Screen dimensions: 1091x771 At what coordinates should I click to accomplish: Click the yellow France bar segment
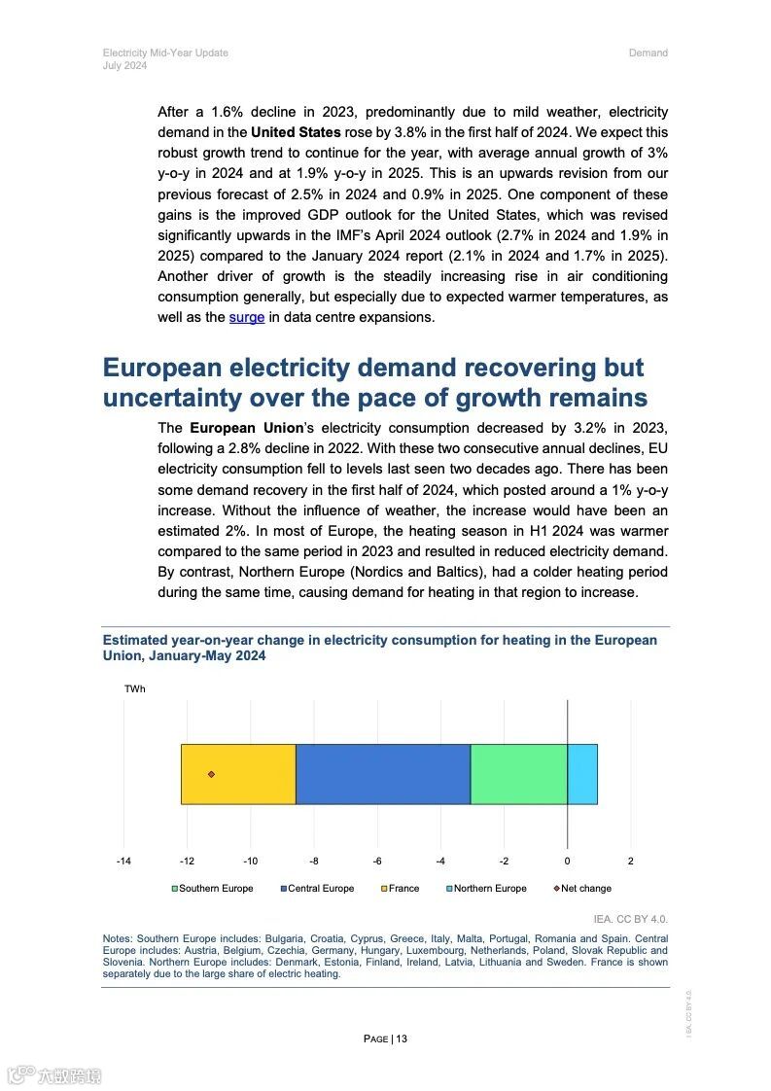point(238,774)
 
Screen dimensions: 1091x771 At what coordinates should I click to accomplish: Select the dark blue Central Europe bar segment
point(383,774)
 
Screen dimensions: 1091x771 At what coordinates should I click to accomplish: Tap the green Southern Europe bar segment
point(518,774)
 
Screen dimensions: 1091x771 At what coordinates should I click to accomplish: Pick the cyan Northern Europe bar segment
point(581,774)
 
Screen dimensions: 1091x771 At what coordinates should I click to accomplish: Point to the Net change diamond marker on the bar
point(211,774)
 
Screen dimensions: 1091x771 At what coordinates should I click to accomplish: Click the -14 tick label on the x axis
point(123,862)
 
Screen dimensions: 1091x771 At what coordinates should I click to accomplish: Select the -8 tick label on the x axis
point(314,862)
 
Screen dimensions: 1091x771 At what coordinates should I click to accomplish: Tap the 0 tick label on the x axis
point(567,862)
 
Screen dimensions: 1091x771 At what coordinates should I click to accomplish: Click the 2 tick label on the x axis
point(630,862)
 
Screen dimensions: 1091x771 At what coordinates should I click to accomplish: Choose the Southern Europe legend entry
point(213,889)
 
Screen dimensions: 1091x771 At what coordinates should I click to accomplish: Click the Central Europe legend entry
point(318,889)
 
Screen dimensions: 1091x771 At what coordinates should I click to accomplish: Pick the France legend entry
point(401,889)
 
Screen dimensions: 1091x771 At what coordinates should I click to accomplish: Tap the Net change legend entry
point(582,889)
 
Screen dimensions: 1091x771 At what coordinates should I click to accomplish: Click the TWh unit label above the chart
point(134,689)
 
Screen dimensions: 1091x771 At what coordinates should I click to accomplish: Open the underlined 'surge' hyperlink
point(247,317)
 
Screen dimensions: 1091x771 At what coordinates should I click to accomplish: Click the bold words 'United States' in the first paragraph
point(296,132)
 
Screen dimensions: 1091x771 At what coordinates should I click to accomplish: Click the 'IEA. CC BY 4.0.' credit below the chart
point(631,919)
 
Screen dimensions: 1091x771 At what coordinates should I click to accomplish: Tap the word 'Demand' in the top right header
point(648,53)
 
